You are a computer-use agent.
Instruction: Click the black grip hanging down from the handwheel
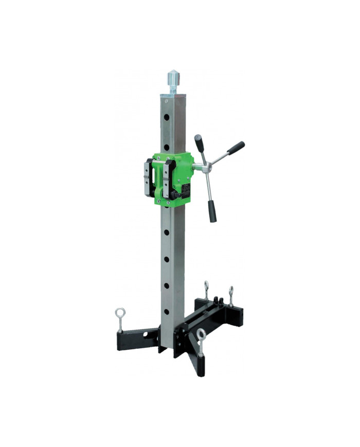click(212, 211)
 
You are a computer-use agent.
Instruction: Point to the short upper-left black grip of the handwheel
click(199, 141)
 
